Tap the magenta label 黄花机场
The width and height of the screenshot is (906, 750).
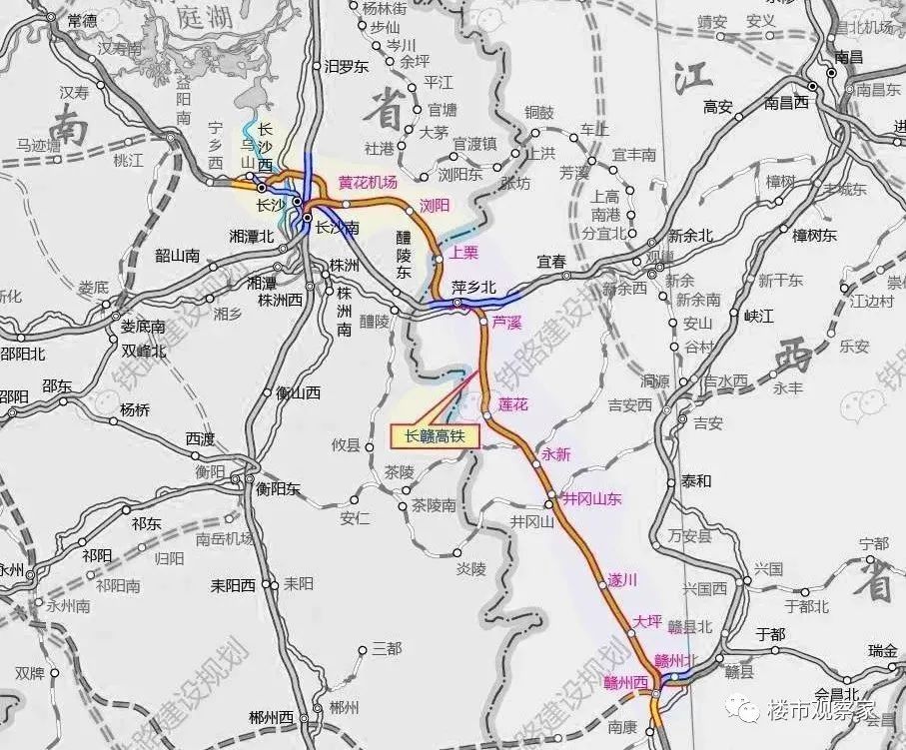368,182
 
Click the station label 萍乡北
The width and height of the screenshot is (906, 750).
473,288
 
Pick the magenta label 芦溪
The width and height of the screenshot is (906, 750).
507,324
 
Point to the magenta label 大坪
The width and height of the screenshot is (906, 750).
647,621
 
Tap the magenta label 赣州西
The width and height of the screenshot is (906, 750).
626,683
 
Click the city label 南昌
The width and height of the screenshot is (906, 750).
848,57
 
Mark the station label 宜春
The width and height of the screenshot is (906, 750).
551,262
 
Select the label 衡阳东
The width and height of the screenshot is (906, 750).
278,488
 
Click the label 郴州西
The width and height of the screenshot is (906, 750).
272,718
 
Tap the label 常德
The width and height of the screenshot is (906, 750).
82,21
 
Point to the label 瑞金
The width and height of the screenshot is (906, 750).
882,651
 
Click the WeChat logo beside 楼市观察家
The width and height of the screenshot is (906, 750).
745,708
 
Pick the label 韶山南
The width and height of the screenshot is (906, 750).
177,255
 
